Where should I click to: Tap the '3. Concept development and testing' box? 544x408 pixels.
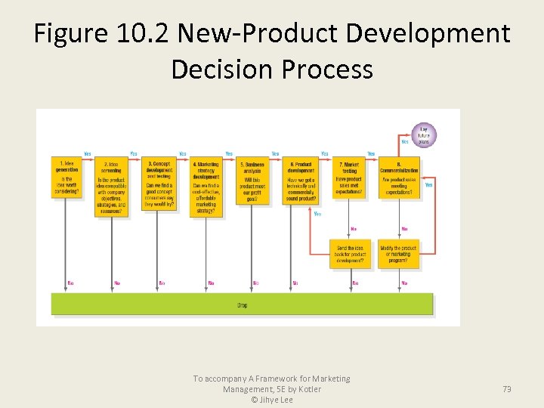tap(159, 182)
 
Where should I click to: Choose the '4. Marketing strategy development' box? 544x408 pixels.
tap(206, 187)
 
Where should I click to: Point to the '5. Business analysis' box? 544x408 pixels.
tap(252, 181)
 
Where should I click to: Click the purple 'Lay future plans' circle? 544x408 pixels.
tap(424, 135)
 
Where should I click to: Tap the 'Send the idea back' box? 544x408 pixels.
tap(349, 254)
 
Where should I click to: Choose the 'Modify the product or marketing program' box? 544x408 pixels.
tap(400, 254)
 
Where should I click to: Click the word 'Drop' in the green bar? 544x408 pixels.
tap(242, 304)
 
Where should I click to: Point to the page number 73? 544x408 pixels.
tap(507, 389)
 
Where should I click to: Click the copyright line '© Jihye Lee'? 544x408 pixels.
tap(272, 400)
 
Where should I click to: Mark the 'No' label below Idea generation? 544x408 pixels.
tap(70, 283)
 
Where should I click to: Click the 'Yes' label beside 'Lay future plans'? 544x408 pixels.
tap(405, 141)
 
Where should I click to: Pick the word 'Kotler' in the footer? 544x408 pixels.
tap(306, 389)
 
